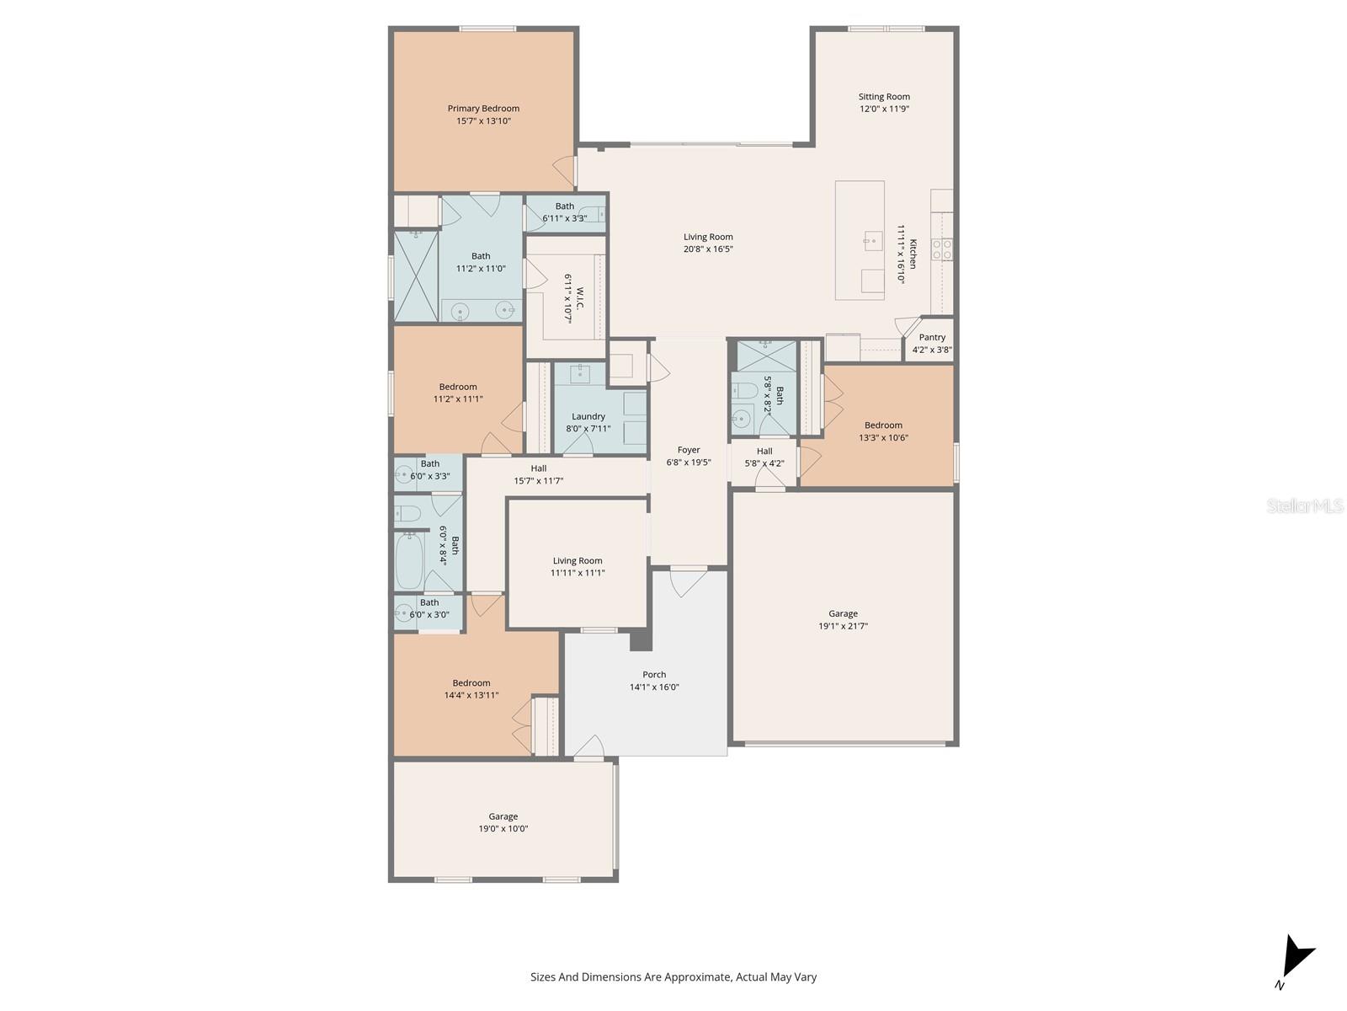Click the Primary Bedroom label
tap(483, 109)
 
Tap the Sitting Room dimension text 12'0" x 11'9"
tap(884, 109)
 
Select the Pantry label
tap(932, 337)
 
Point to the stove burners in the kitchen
tap(942, 249)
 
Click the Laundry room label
tap(588, 416)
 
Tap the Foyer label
tap(689, 450)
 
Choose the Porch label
tap(654, 674)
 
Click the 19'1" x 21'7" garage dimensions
tap(843, 626)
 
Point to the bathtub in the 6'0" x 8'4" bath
tap(410, 559)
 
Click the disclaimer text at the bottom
tap(673, 977)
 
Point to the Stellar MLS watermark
tap(1305, 505)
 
